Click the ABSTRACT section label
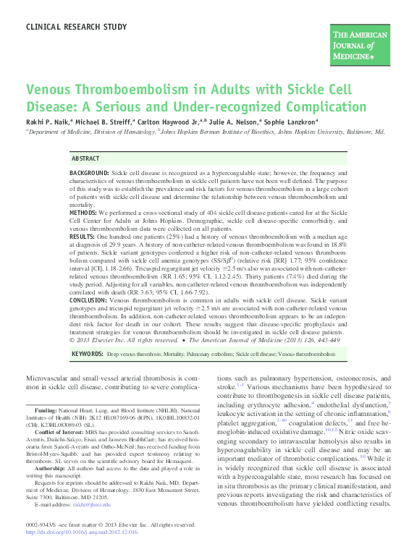[x=86, y=158]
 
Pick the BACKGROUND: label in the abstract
[x=89, y=174]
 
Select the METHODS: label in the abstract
[x=83, y=214]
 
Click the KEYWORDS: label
[x=86, y=355]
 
